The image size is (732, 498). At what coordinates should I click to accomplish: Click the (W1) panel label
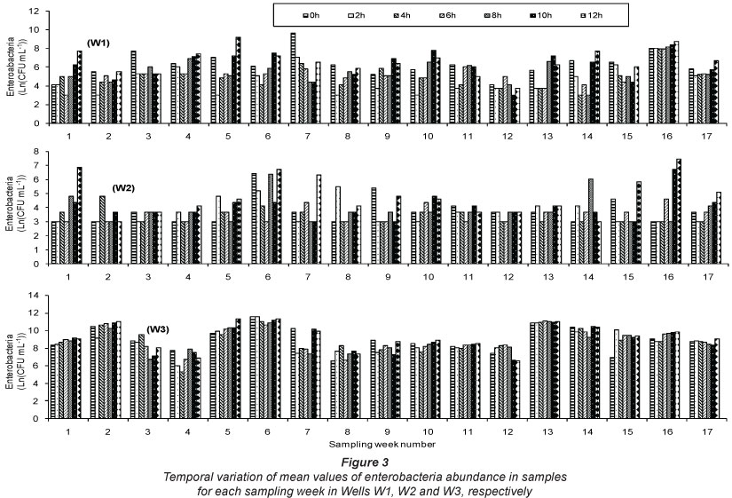98,42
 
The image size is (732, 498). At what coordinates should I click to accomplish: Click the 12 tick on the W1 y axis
33,12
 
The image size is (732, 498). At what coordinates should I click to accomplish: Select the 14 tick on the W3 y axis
33,295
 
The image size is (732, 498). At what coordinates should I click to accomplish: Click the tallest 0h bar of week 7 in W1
293,69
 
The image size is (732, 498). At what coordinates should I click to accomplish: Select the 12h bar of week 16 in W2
680,195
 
